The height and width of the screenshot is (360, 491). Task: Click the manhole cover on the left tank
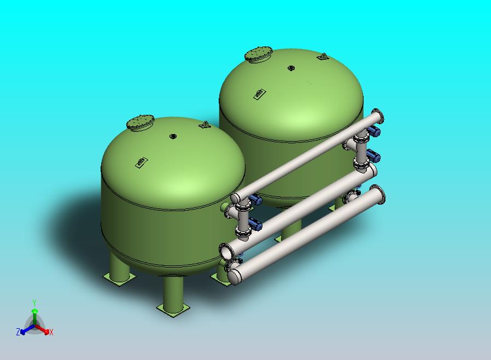[140, 123]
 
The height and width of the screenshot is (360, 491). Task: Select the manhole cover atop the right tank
[259, 54]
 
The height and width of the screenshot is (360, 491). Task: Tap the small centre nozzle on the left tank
[173, 136]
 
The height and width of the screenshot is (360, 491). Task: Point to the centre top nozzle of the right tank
[291, 68]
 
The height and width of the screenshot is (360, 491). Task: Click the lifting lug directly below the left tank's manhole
[141, 162]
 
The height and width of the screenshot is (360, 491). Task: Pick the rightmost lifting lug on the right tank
[323, 56]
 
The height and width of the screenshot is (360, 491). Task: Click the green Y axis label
[34, 302]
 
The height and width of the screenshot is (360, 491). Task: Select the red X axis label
[51, 332]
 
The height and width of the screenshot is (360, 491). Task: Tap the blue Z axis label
[18, 332]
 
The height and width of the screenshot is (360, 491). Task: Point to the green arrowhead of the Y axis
[34, 311]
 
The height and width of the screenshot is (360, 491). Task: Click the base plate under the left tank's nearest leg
[173, 309]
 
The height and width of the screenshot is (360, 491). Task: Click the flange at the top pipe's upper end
[377, 117]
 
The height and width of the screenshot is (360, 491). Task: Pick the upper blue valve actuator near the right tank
[375, 131]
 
